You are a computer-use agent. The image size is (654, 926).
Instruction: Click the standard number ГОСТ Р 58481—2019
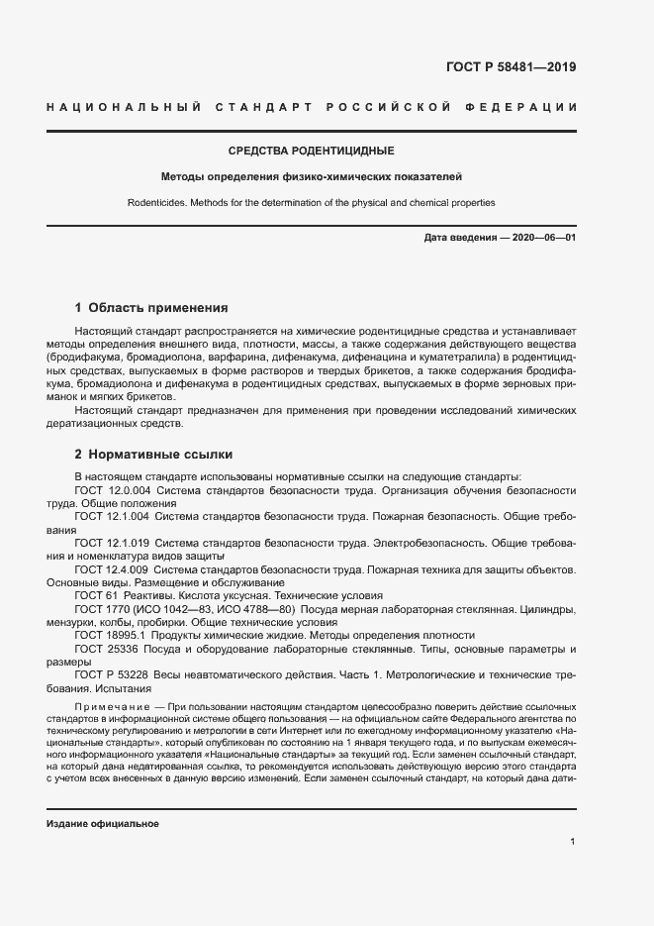(x=505, y=68)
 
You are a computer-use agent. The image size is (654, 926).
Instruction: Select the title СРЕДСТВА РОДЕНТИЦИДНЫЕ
(x=312, y=151)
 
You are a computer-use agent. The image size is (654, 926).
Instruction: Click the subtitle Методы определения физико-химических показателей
(x=312, y=177)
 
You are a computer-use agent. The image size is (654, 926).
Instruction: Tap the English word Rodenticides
(x=156, y=203)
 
